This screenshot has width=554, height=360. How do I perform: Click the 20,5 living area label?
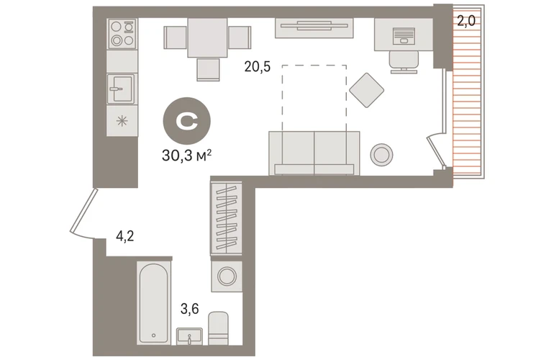pyautogui.click(x=258, y=67)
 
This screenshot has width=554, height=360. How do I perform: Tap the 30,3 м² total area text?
pyautogui.click(x=186, y=155)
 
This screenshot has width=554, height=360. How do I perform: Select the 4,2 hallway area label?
pyautogui.click(x=124, y=236)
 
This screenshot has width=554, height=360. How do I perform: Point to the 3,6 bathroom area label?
pyautogui.click(x=190, y=309)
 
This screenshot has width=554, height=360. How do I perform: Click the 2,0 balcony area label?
pyautogui.click(x=466, y=21)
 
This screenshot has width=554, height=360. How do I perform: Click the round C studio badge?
pyautogui.click(x=187, y=121)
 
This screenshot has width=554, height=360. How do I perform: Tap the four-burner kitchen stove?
pyautogui.click(x=122, y=34)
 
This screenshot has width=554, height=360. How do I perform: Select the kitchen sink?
pyautogui.click(x=122, y=89)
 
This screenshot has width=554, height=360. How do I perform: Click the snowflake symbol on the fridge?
pyautogui.click(x=122, y=121)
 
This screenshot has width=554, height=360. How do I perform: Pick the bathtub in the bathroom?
pyautogui.click(x=154, y=303)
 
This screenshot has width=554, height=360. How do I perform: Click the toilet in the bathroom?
pyautogui.click(x=218, y=328)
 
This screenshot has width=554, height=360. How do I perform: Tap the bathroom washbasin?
pyautogui.click(x=190, y=336)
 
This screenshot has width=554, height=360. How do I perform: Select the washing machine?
pyautogui.click(x=227, y=276)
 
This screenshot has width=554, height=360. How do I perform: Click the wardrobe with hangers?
pyautogui.click(x=226, y=218)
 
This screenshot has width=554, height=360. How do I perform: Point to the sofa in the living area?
pyautogui.click(x=314, y=153)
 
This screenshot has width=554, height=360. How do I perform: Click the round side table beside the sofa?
pyautogui.click(x=381, y=154)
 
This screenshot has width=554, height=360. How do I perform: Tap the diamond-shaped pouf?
pyautogui.click(x=367, y=90)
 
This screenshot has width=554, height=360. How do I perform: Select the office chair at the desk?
pyautogui.click(x=404, y=62)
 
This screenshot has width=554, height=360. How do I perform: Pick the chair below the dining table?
pyautogui.click(x=208, y=69)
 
